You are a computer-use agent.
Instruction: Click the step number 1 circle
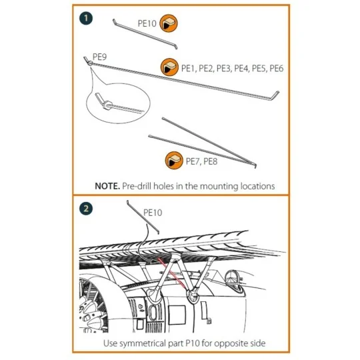coord(85,18)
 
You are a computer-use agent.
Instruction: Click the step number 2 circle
coord(85,208)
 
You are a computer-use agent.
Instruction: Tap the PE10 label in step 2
coord(153,213)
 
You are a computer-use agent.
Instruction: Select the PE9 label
coord(100,57)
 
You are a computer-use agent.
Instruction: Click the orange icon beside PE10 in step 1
coord(169,24)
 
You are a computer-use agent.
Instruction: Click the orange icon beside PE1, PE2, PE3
coord(170,67)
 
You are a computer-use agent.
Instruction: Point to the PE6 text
coord(277,69)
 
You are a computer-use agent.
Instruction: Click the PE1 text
coord(189,69)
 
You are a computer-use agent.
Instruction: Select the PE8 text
coord(210,161)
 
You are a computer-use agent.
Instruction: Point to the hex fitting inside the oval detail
coord(107,101)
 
